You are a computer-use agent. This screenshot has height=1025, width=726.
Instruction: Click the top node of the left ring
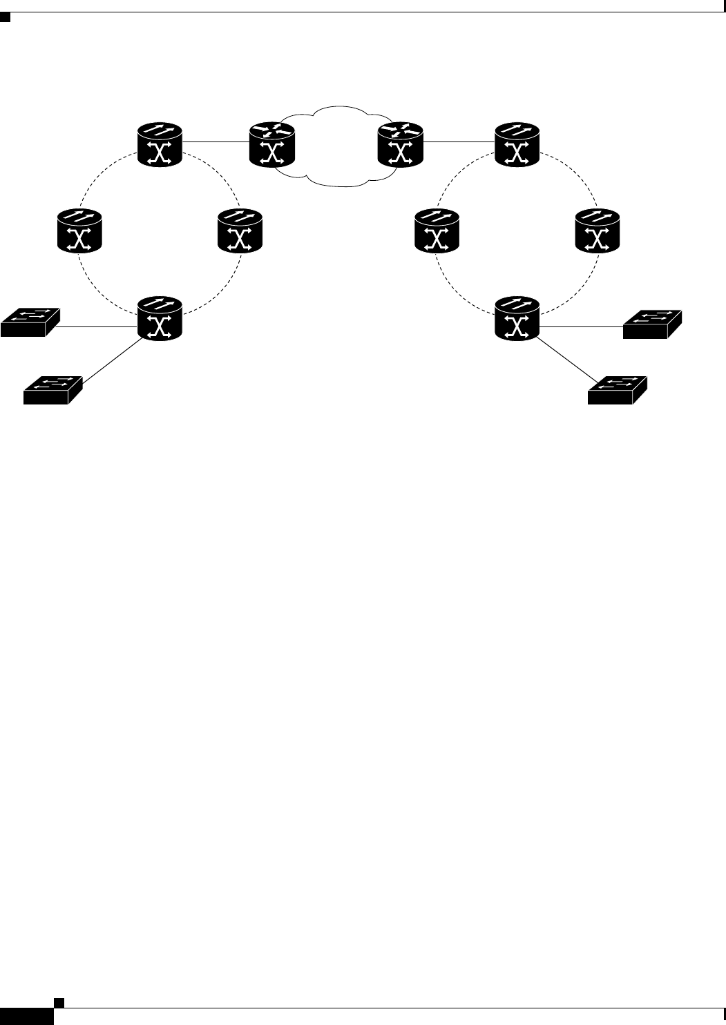coord(160,144)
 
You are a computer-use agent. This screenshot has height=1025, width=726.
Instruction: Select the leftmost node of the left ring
coord(79,231)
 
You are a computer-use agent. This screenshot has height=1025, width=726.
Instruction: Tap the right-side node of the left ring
coord(240,231)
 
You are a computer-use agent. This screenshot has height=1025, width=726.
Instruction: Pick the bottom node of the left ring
coord(160,318)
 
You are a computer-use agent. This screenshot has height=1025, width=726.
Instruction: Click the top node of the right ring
coord(517,144)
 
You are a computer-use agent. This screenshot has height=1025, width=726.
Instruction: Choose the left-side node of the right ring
coord(437,231)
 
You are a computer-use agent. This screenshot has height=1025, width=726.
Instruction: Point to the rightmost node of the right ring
coord(598,231)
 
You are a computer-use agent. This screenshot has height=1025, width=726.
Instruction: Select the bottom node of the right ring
coord(517,318)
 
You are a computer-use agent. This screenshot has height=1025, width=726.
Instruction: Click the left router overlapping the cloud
coord(272,144)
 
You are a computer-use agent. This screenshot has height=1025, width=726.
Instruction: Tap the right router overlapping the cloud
coord(401,144)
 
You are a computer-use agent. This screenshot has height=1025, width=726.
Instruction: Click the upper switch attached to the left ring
coord(30,321)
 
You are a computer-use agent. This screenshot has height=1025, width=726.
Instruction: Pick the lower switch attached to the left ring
coord(53,390)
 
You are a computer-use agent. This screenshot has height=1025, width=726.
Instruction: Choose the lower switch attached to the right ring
coord(618,390)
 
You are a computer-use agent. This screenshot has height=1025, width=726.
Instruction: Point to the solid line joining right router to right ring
coord(459,143)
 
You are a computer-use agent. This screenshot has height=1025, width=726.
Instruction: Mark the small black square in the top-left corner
coord(4,16)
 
